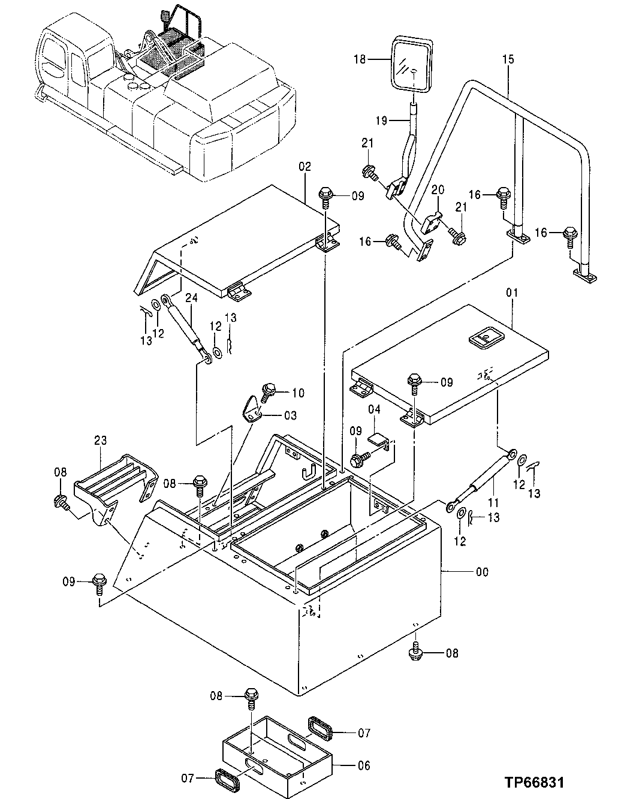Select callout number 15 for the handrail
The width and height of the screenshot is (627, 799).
(x=508, y=60)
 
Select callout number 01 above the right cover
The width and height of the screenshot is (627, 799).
(x=511, y=293)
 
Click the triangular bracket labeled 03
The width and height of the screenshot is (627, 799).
(x=252, y=409)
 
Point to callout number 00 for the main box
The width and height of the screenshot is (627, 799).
(x=481, y=572)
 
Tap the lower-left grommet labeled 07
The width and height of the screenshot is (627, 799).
(x=228, y=781)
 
